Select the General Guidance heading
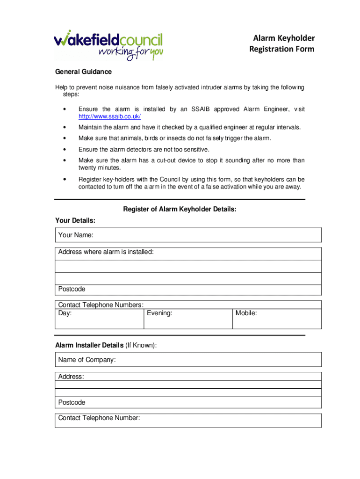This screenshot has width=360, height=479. [x=83, y=72]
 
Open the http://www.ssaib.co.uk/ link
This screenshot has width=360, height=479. [x=109, y=116]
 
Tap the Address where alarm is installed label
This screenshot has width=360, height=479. [x=106, y=252]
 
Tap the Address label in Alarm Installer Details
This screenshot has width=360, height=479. [x=71, y=377]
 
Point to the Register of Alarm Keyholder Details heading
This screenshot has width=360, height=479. [x=180, y=210]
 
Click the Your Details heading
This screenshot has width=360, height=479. [x=75, y=220]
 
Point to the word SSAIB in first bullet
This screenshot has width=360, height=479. [x=201, y=109]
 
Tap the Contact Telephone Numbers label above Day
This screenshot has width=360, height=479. [x=101, y=305]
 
